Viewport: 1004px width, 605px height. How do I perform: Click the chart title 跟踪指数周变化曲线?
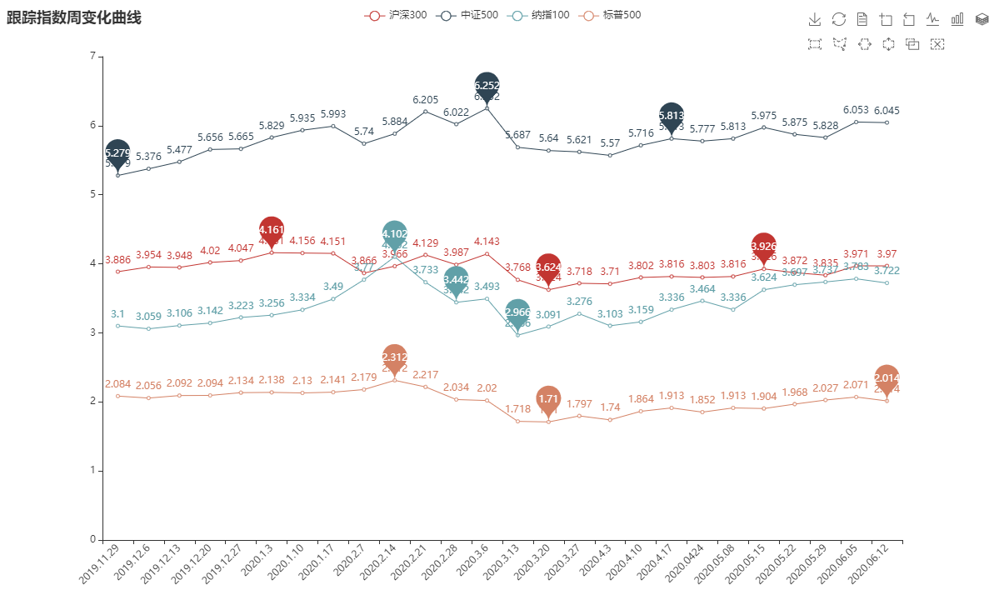74,17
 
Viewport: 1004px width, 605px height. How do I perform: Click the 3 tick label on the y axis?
91,332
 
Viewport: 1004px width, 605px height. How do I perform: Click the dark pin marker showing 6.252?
487,85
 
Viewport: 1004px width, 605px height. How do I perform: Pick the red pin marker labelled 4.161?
272,229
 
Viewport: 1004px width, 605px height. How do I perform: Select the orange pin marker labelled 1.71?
548,398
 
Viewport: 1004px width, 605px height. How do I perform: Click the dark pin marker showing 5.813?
672,116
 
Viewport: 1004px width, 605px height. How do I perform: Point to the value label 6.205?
425,100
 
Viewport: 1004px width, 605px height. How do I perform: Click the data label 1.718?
517,409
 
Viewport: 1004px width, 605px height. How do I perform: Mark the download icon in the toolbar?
815,19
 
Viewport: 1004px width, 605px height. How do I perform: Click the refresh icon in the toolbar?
839,19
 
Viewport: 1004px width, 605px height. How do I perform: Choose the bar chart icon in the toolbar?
957,19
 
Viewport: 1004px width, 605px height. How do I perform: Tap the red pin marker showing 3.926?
763,246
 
